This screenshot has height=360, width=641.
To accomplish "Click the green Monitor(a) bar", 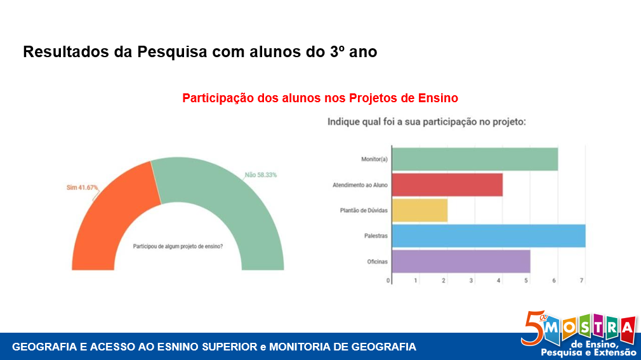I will pyautogui.click(x=475, y=158).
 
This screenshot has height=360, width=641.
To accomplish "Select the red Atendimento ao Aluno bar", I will pyautogui.click(x=447, y=185).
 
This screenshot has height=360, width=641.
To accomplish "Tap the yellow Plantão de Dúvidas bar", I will pyautogui.click(x=420, y=210).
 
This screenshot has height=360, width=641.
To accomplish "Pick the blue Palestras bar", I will pyautogui.click(x=489, y=236).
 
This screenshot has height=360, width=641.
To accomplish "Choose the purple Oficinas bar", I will pyautogui.click(x=461, y=261).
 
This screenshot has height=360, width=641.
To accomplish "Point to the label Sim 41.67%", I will pyautogui.click(x=83, y=187).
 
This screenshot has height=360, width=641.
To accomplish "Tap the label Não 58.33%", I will pyautogui.click(x=261, y=175).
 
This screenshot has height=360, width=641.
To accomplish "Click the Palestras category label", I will pyautogui.click(x=375, y=236).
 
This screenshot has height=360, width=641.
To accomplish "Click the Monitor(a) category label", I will pyautogui.click(x=374, y=159).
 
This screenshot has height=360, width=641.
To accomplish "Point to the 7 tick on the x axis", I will pyautogui.click(x=581, y=280).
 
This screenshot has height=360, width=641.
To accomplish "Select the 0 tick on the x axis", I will pyautogui.click(x=388, y=280).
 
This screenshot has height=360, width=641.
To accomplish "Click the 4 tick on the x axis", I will pyautogui.click(x=499, y=280).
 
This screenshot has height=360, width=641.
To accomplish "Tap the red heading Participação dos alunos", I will pyautogui.click(x=320, y=98).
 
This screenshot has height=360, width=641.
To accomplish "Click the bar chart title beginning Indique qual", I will pyautogui.click(x=426, y=121).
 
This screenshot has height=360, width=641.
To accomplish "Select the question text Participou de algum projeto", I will pyautogui.click(x=178, y=246).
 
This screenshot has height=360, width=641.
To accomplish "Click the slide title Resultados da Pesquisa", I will pyautogui.click(x=200, y=52).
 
